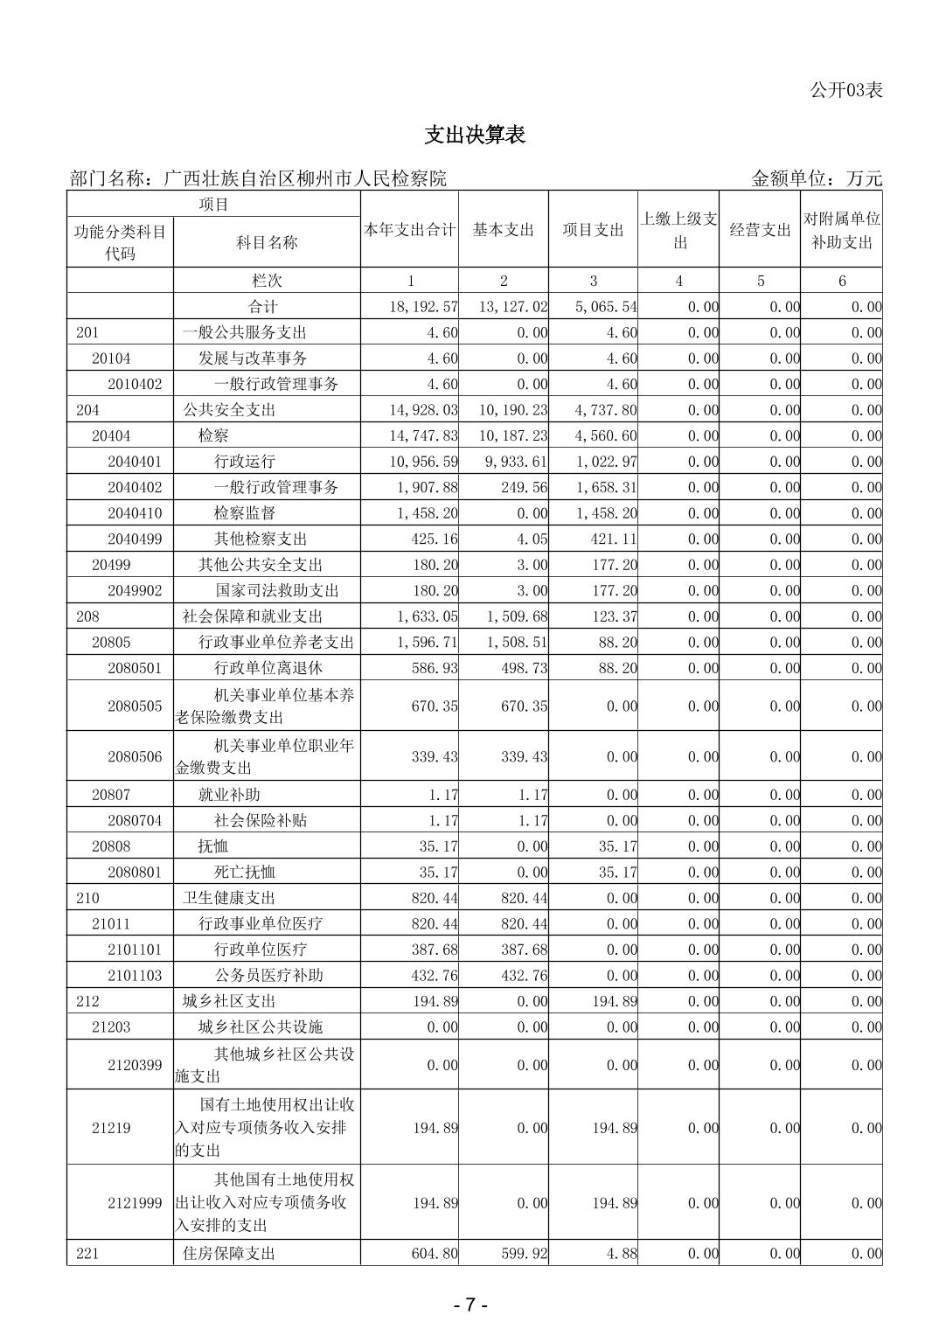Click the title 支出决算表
475,135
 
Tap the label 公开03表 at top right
845,89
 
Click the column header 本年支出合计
410,230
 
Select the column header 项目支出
593,230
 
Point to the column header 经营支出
760,230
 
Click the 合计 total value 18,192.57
423,307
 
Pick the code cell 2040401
135,461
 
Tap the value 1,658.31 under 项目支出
607,487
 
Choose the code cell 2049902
135,590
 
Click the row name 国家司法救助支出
277,590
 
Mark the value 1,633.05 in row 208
427,616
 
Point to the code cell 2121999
135,1203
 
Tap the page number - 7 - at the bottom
470,1305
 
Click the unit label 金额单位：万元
817,178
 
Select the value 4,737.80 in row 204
607,409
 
